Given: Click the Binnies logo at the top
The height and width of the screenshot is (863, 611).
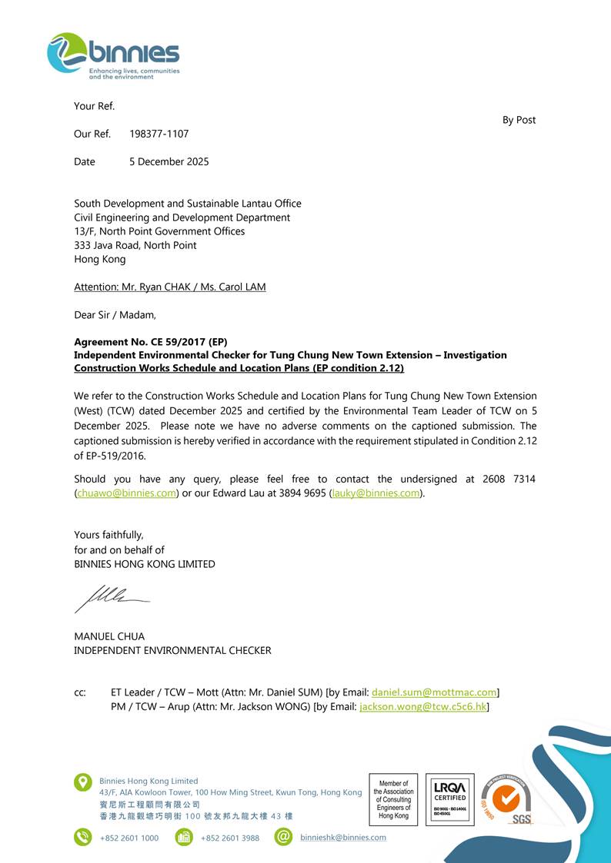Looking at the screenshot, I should (113, 55).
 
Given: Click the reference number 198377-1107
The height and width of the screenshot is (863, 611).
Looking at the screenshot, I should (159, 134).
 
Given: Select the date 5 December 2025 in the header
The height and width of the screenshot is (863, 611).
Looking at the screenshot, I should (169, 161).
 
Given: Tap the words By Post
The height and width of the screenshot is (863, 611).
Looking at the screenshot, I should (519, 120).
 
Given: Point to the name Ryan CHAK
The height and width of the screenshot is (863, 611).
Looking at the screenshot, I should (163, 287).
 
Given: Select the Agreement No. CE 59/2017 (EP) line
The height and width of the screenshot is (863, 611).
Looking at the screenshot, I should (150, 342).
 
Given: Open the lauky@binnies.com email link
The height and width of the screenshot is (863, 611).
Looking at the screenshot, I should (376, 493).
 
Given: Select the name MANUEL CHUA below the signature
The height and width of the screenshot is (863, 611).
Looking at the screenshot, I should (109, 636).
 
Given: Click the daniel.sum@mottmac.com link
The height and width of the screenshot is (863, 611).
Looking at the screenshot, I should (434, 692).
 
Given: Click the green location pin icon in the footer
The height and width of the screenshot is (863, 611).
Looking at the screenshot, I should (82, 782).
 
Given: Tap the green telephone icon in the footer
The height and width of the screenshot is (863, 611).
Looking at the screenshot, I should (82, 837).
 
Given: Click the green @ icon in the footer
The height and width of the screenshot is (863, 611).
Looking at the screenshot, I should (283, 837).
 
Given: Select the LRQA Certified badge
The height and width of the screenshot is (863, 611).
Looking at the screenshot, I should (449, 799).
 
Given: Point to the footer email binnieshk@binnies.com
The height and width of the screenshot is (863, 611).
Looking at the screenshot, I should (343, 838).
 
